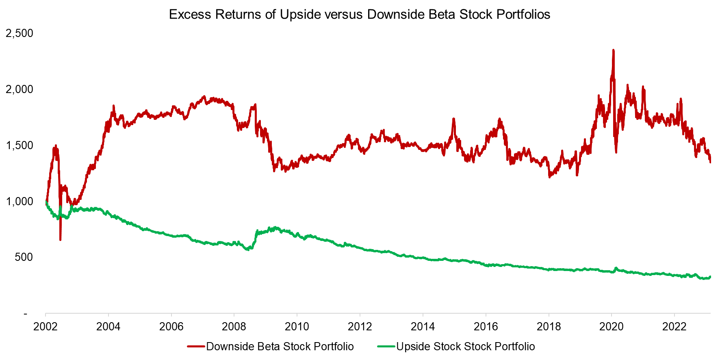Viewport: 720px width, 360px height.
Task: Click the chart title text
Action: (360, 15)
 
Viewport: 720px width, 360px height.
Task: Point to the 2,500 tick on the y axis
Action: (20, 33)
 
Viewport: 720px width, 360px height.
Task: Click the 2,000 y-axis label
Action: (20, 89)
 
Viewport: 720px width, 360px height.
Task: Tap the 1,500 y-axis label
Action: (20, 145)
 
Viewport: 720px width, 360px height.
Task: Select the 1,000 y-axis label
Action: (20, 202)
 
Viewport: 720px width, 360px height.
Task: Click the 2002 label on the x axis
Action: (46, 326)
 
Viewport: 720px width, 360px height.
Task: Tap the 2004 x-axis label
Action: (108, 326)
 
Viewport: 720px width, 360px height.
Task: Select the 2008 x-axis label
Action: (234, 326)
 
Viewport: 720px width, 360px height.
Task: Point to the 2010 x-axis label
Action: (297, 326)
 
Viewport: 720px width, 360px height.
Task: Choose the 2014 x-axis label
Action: (423, 326)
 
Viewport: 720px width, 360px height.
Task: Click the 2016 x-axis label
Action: (486, 326)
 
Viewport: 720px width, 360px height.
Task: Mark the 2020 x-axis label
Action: (612, 326)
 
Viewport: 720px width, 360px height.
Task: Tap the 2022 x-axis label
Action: (674, 326)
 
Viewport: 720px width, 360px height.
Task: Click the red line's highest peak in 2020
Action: (613, 50)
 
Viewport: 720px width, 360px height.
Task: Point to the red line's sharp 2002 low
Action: (61, 239)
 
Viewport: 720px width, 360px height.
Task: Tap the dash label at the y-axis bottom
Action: (26, 314)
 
